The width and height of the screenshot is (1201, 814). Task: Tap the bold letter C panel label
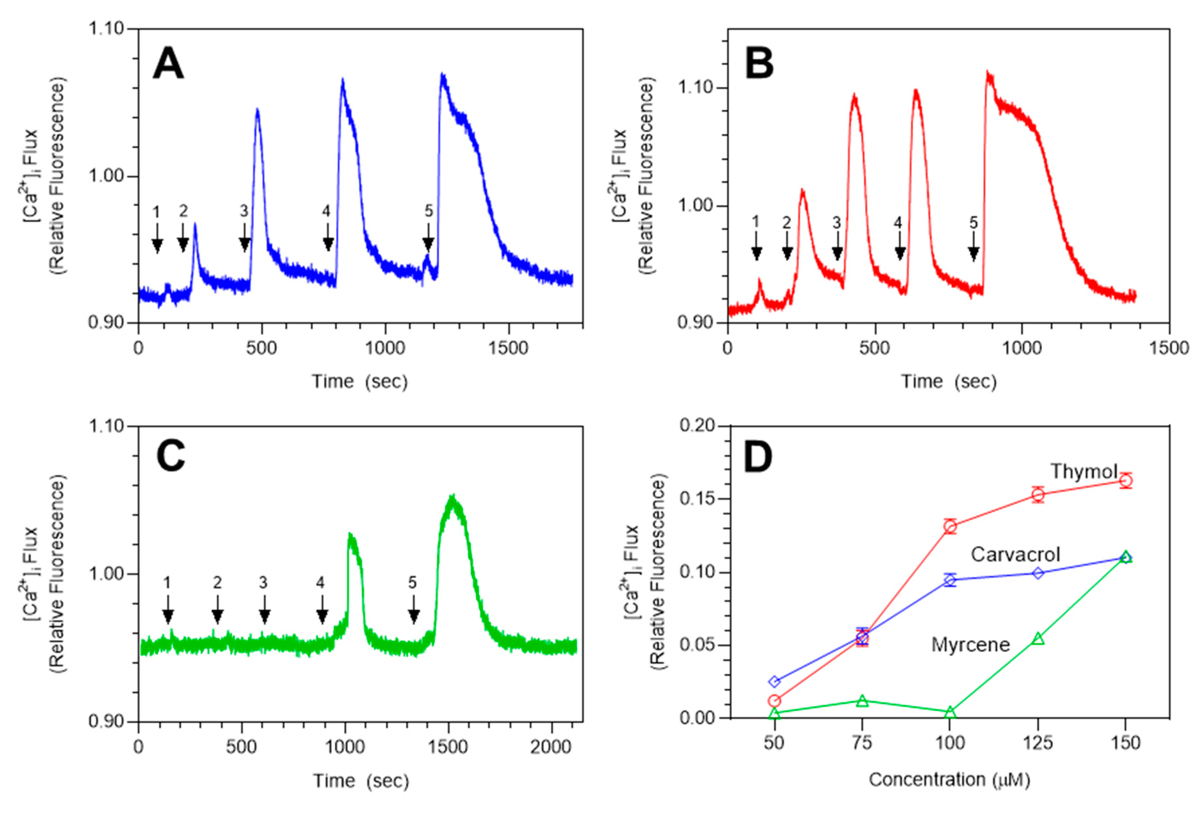click(170, 457)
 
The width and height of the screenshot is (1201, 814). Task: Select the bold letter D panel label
click(758, 457)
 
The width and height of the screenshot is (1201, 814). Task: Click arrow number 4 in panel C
click(322, 609)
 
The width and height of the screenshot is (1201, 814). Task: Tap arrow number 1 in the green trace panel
click(167, 609)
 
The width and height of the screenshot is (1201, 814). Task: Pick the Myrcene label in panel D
click(971, 645)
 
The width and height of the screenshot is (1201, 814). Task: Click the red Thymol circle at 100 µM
click(950, 527)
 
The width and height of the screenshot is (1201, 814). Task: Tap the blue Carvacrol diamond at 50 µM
click(774, 681)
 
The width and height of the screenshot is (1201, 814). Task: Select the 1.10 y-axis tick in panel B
click(696, 88)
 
